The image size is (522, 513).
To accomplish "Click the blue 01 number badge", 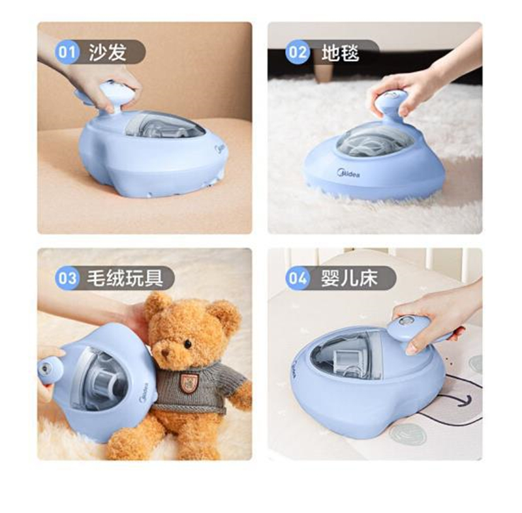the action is [x=67, y=52].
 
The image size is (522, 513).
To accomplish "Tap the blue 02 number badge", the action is [x=298, y=52].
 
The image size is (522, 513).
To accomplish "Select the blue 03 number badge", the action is [x=67, y=278].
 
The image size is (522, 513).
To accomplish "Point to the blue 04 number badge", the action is [x=298, y=278].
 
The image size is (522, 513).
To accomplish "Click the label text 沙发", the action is [x=108, y=52].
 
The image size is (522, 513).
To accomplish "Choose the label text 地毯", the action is [x=340, y=53].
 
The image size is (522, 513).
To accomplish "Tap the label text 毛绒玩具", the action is [x=125, y=278].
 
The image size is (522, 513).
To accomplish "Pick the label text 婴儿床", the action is [x=350, y=278].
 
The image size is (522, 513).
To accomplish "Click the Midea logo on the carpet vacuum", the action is [x=348, y=173].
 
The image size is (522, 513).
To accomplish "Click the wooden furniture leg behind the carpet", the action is [x=324, y=72].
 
